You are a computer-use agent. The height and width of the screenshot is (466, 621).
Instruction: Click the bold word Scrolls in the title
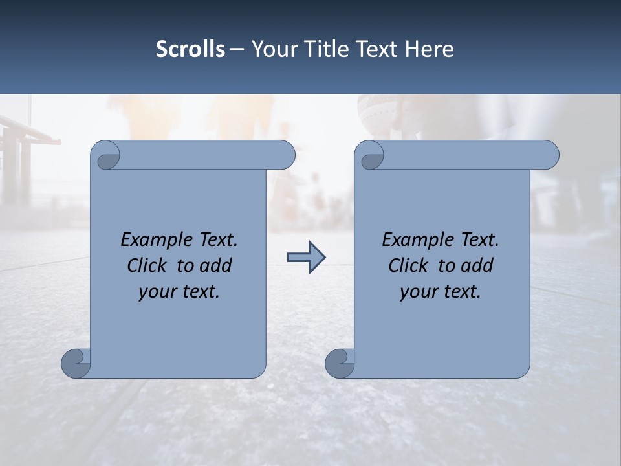click(190, 49)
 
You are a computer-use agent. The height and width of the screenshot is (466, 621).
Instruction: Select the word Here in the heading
click(430, 49)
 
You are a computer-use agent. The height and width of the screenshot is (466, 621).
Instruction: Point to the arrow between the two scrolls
click(306, 258)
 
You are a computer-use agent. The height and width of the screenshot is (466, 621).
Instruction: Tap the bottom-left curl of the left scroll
click(76, 363)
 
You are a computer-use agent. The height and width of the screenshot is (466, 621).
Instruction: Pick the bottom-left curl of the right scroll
click(340, 363)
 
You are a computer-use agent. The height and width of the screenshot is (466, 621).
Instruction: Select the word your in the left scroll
click(156, 292)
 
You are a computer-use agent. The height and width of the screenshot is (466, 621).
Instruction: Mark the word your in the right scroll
click(417, 292)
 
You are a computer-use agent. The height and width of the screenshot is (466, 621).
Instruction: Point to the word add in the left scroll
click(216, 265)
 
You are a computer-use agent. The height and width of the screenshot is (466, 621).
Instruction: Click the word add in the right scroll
click(477, 265)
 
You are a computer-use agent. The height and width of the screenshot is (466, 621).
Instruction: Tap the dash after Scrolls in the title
click(237, 49)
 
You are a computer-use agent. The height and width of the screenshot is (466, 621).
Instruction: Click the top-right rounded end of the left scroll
click(285, 155)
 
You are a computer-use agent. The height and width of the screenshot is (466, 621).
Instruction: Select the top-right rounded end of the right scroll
click(549, 155)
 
